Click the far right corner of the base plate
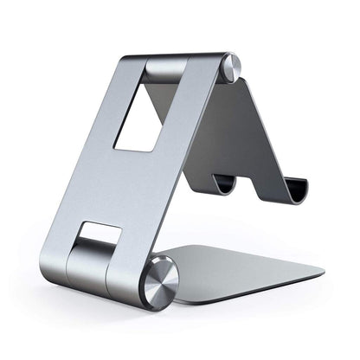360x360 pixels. pyautogui.click(x=322, y=269)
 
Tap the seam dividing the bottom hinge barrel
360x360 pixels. pyautogui.click(x=106, y=273)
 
